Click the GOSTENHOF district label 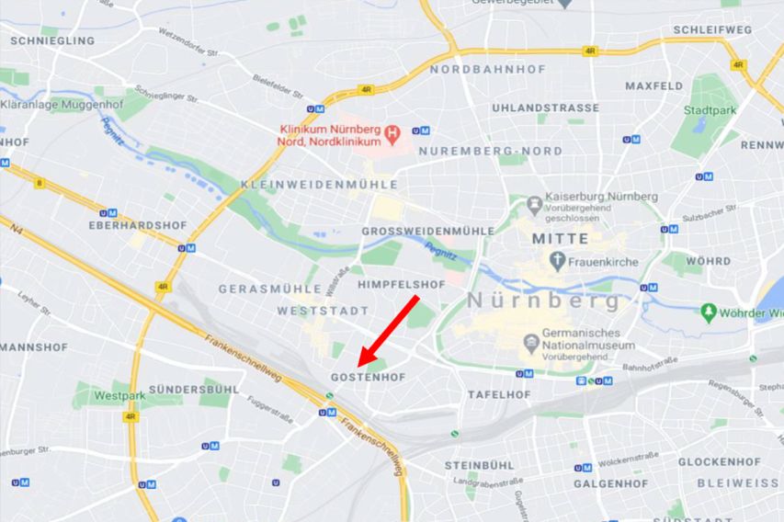[368, 378]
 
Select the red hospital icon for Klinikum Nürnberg [393, 135]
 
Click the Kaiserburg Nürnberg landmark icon [535, 201]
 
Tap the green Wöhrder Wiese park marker [708, 312]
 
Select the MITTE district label [560, 238]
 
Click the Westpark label [119, 396]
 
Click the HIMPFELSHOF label [401, 285]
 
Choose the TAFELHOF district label [499, 394]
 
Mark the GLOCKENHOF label [720, 461]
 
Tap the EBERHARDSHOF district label [131, 224]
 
